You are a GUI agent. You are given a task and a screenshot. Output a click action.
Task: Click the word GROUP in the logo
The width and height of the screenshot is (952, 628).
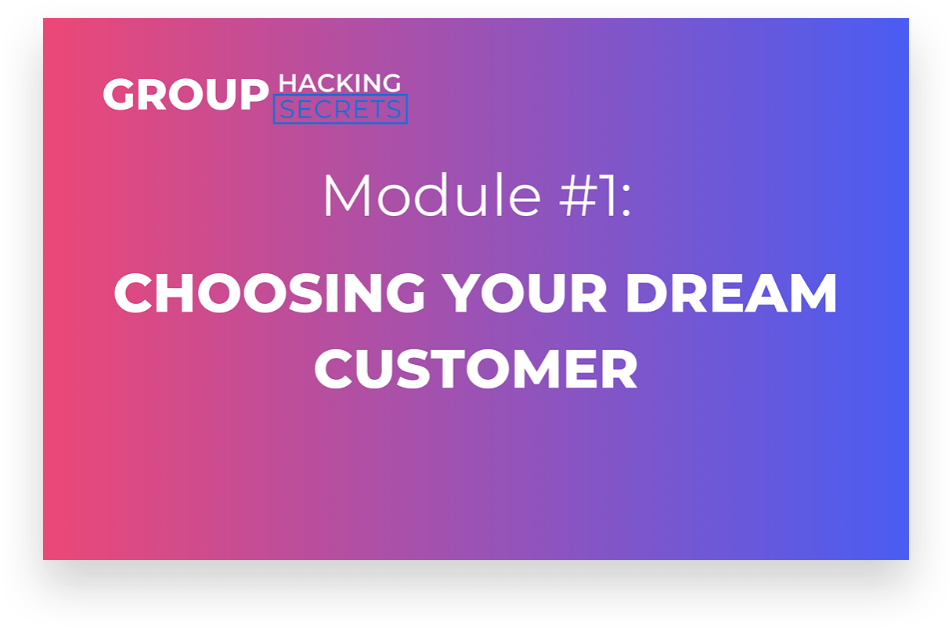tap(186, 95)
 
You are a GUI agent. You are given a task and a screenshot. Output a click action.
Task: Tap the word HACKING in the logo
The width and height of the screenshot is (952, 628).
tap(340, 83)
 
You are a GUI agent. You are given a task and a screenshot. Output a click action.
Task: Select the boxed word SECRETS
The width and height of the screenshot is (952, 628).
tap(340, 109)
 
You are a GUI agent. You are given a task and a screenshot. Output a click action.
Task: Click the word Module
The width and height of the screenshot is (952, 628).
tap(432, 196)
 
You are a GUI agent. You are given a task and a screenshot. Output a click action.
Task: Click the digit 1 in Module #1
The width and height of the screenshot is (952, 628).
tap(608, 196)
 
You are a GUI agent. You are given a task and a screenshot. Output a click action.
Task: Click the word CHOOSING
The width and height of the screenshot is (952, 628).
tap(269, 294)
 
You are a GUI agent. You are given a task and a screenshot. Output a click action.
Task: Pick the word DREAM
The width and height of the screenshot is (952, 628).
tap(731, 294)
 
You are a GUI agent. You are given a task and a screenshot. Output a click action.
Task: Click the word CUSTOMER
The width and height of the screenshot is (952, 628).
tap(475, 369)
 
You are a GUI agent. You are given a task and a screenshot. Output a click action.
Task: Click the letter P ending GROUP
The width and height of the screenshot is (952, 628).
tap(254, 95)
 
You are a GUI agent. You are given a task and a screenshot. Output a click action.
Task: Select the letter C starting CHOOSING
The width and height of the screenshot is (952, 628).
tap(132, 294)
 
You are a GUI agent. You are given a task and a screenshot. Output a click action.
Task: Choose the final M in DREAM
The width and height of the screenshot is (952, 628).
tap(812, 294)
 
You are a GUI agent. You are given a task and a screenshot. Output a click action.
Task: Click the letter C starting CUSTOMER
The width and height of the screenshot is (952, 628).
tap(334, 369)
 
